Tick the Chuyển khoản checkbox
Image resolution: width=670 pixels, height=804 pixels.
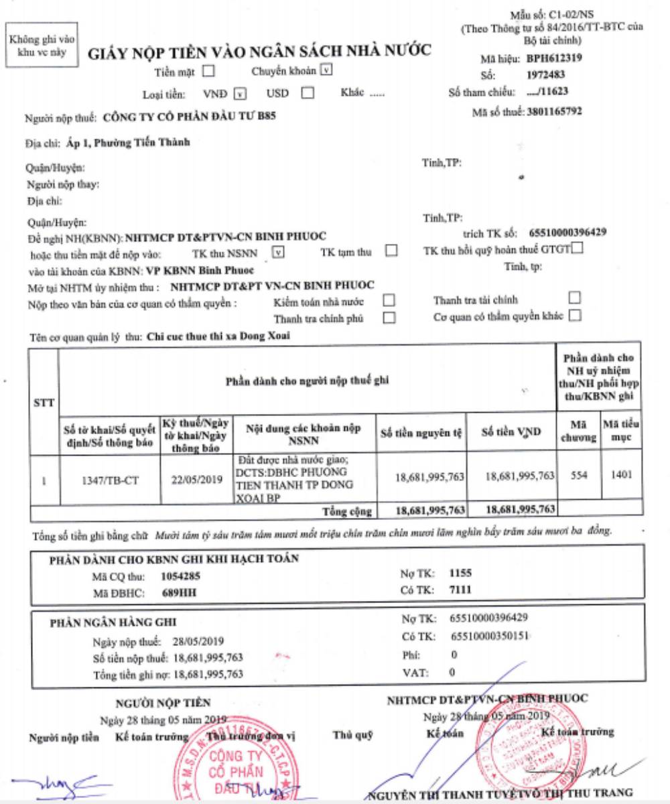pos(326,70)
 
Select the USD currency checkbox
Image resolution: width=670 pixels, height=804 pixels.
pos(308,93)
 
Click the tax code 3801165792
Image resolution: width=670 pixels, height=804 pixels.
pos(554,111)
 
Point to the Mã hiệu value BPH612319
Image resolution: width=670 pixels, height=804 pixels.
pos(553,58)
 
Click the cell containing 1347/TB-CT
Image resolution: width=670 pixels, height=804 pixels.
pos(110,480)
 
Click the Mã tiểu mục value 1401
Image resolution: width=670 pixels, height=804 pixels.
pos(621,474)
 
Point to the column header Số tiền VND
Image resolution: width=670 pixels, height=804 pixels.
pos(511,432)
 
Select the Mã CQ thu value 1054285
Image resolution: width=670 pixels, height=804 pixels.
pos(180,576)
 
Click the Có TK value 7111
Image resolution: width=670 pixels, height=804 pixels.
pos(462,589)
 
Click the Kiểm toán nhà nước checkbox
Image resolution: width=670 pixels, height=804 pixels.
pos(389,300)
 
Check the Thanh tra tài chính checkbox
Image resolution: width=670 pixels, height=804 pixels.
pos(574,297)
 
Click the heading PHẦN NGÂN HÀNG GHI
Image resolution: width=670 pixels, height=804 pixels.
pos(114,622)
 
